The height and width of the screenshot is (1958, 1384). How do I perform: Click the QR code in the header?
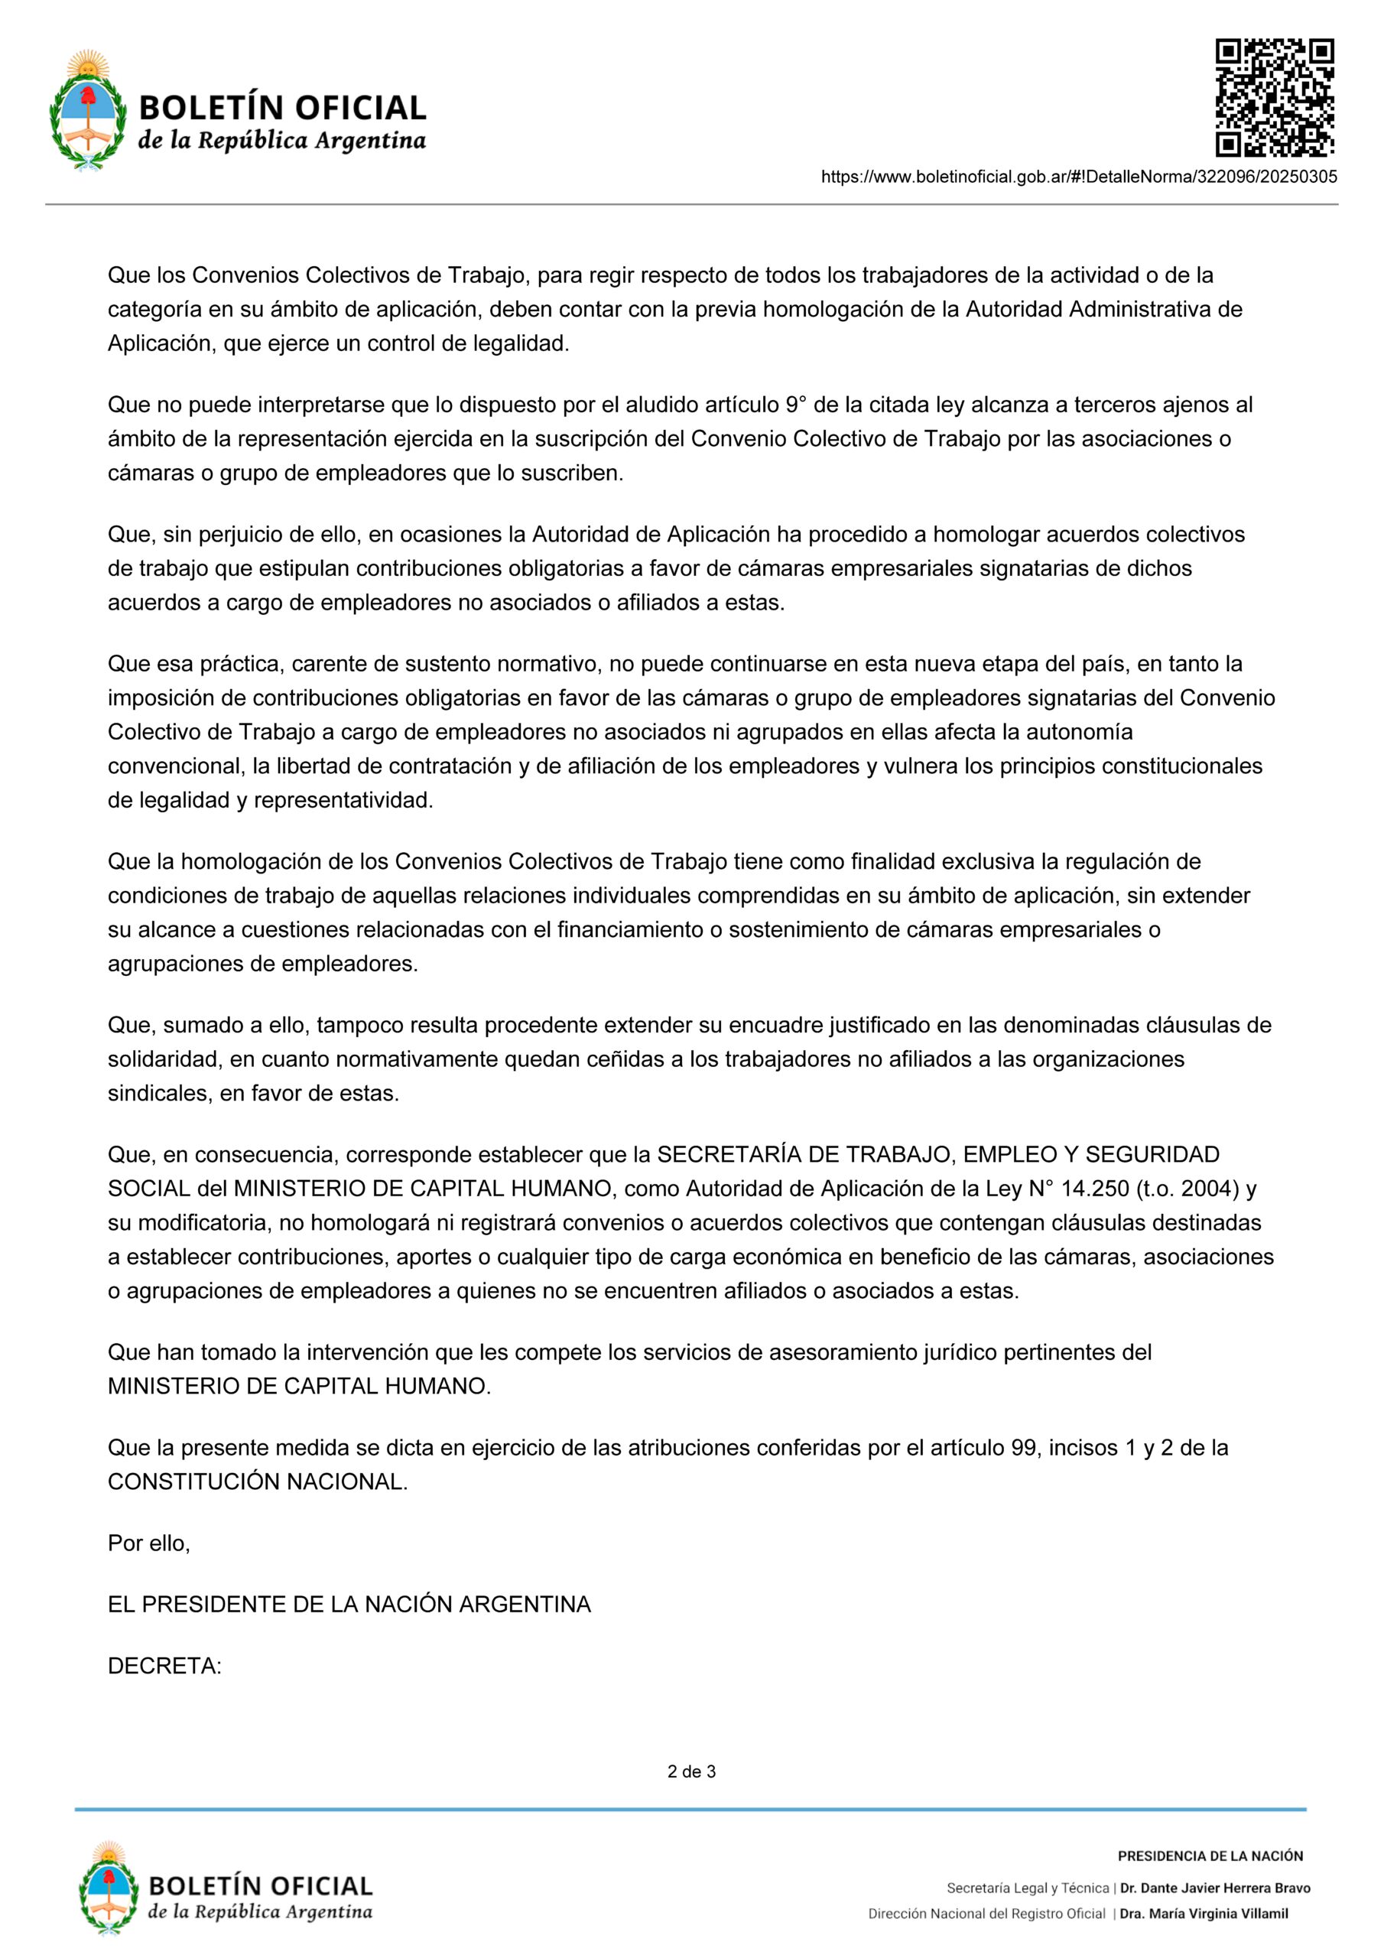pos(1274,98)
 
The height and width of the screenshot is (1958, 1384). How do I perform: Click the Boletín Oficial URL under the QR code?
pos(1079,177)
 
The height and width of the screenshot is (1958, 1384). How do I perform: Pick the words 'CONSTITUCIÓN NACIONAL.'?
pos(258,1482)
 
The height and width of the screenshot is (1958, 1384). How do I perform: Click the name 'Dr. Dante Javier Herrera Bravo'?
pos(1215,1888)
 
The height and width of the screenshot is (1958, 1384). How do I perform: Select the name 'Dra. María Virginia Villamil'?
pos(1204,1914)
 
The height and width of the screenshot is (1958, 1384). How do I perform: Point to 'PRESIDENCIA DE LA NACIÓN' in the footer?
pos(1210,1856)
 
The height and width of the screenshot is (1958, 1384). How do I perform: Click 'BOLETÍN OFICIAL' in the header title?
pos(282,109)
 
